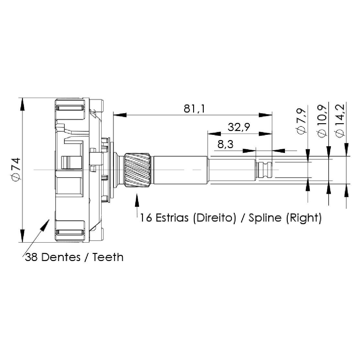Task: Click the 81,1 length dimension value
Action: (194, 109)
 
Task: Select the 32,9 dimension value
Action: (239, 127)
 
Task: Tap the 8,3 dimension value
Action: (225, 144)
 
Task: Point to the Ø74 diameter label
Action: (16, 169)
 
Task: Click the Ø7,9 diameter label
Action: (301, 121)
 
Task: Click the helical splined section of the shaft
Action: (138, 170)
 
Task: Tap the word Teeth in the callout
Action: (108, 257)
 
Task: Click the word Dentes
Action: (61, 257)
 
